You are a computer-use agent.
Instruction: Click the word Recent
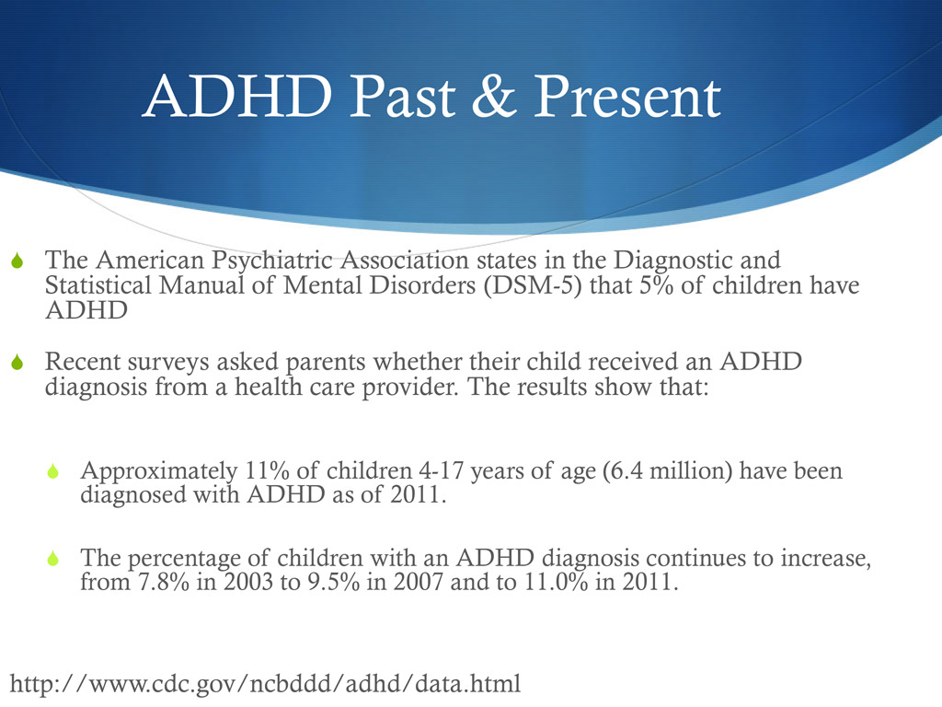[x=88, y=362]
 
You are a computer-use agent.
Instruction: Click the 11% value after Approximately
[x=267, y=471]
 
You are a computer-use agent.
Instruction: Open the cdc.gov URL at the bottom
[x=264, y=684]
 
